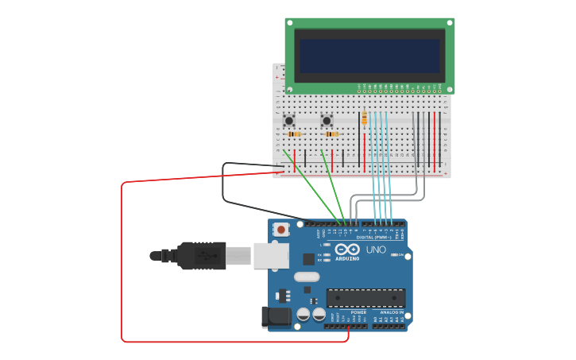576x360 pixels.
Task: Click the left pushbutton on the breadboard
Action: point(289,121)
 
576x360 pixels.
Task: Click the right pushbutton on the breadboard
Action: point(327,121)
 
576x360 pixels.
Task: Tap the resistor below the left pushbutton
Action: point(294,134)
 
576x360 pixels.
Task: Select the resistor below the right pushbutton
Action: point(331,134)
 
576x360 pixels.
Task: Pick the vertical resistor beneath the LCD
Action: point(365,118)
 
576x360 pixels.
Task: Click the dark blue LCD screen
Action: point(369,56)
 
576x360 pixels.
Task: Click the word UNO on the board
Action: point(376,250)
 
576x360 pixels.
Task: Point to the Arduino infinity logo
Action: point(347,249)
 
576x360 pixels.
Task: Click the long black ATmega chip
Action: point(365,298)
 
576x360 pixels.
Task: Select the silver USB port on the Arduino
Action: point(271,255)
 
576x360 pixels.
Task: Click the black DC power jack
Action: point(276,316)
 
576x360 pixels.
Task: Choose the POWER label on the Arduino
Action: point(359,312)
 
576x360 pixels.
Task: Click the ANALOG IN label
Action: point(391,312)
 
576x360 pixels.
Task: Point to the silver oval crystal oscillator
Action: point(306,277)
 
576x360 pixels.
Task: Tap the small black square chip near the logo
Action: point(308,259)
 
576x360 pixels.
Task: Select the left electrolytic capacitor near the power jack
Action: point(303,315)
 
